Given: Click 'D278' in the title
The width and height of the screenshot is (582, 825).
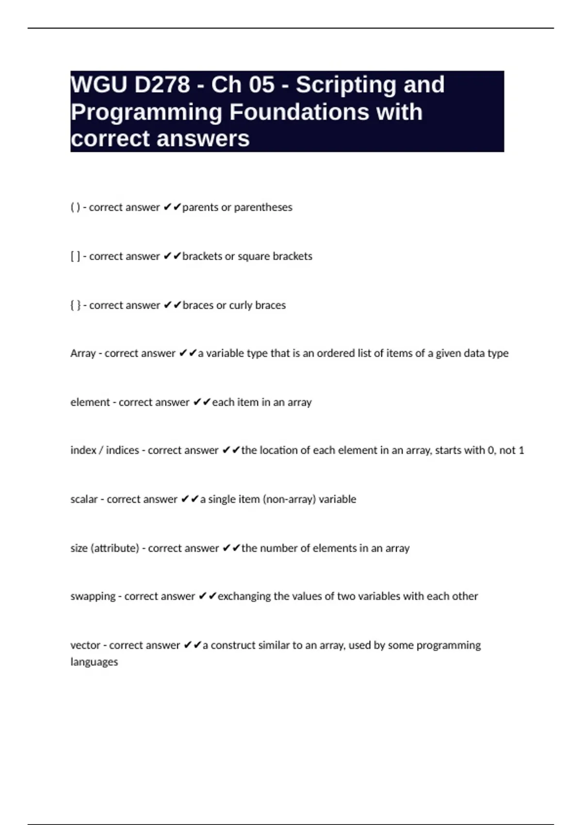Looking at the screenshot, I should click(x=162, y=85).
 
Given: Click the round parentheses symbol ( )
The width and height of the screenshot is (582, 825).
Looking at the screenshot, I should click(x=75, y=207).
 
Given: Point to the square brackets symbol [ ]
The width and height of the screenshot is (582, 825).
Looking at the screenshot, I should click(x=75, y=256).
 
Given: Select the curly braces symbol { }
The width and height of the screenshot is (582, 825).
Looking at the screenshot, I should click(x=75, y=305).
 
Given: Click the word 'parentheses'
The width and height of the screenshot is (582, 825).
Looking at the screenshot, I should click(x=263, y=207).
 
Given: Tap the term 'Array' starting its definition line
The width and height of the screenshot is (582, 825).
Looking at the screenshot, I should click(x=83, y=353).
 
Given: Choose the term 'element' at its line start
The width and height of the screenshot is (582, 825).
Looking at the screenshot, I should click(x=90, y=402).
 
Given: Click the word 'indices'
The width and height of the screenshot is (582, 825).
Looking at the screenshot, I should click(x=122, y=450).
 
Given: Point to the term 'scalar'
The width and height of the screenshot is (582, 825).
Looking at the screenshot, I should click(x=84, y=499).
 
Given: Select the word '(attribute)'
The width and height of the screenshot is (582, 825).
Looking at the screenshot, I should click(x=115, y=548).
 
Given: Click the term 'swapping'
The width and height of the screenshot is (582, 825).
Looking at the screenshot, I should click(x=93, y=596).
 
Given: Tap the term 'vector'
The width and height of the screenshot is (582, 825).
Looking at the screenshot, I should click(x=85, y=645).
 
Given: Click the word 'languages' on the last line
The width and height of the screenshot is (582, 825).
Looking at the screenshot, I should click(x=94, y=662).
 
